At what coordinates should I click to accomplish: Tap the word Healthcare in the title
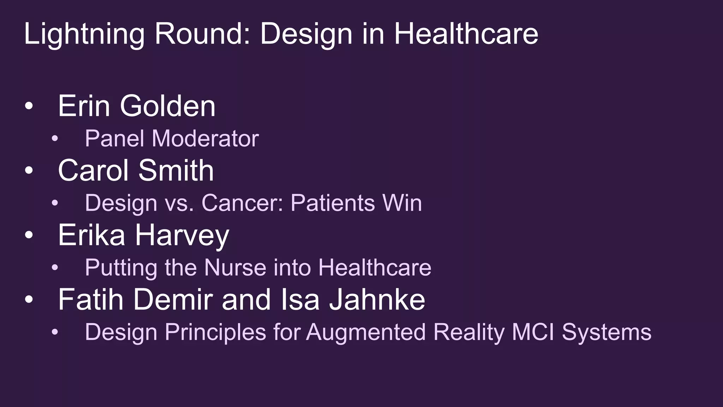click(466, 34)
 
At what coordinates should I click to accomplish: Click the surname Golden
click(168, 106)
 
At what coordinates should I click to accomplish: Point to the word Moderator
click(205, 138)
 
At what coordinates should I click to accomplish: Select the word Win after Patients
click(402, 203)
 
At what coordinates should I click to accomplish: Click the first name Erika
click(92, 235)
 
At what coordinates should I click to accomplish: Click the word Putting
click(121, 268)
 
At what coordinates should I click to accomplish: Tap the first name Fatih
click(91, 300)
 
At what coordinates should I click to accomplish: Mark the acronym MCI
click(533, 332)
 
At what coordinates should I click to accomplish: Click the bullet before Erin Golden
click(29, 106)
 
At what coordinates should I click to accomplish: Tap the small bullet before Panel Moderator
click(54, 139)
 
